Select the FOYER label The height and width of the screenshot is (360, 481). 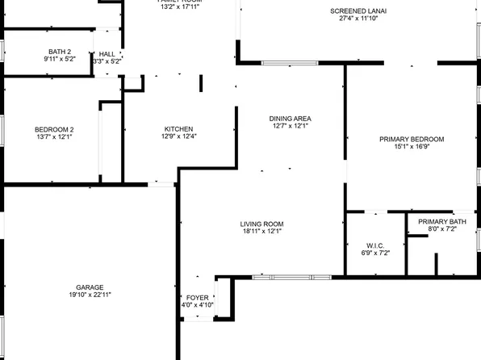click(197, 298)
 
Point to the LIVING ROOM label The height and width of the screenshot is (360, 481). click(261, 224)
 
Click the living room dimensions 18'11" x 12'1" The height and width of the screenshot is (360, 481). click(261, 232)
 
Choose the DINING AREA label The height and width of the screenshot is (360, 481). click(291, 118)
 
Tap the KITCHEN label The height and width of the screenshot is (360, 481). click(178, 128)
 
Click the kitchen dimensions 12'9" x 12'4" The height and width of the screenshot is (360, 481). click(178, 136)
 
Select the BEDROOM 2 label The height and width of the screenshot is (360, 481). click(54, 129)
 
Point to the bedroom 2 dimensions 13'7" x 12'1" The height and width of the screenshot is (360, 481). click(54, 137)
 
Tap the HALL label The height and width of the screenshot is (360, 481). click(107, 54)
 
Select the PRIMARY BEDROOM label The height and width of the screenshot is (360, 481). click(408, 139)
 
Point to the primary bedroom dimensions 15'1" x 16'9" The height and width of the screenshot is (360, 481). click(408, 147)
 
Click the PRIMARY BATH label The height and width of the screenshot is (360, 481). click(441, 221)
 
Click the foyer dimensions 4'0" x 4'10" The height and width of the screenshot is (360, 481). click(197, 305)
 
